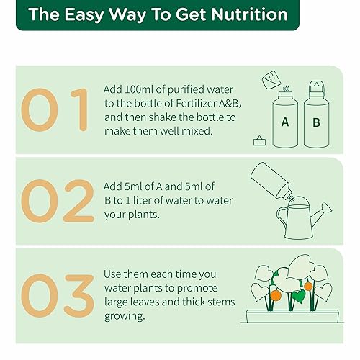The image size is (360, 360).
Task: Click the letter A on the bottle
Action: tap(284, 122)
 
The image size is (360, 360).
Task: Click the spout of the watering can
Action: tap(325, 208)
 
